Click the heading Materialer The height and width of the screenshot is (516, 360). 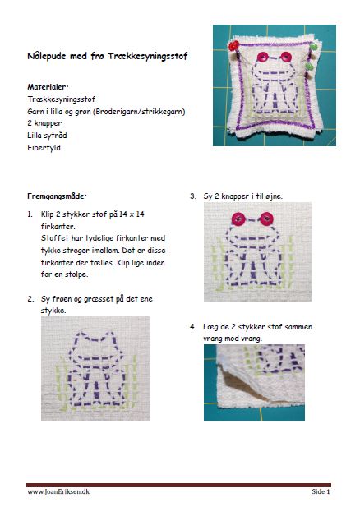[x=48, y=87]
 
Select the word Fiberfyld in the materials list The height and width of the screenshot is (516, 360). [x=44, y=147]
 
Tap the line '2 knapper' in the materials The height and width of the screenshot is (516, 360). [x=44, y=123]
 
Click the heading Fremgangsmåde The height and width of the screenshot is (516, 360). [x=57, y=196]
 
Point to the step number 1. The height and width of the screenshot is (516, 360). [x=30, y=214]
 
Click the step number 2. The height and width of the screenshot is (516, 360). [x=30, y=299]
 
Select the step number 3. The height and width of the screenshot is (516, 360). [x=193, y=196]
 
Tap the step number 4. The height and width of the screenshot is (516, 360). [x=193, y=327]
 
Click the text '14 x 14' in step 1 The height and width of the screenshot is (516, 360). [x=132, y=214]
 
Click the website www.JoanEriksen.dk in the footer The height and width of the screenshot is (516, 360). [x=58, y=491]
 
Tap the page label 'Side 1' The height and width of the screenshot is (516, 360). [x=321, y=491]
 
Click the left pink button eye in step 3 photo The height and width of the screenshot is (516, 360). [x=239, y=219]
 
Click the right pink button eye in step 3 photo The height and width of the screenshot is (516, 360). [x=266, y=219]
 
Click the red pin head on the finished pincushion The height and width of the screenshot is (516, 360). [x=233, y=45]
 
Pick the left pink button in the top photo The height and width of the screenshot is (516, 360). [x=263, y=58]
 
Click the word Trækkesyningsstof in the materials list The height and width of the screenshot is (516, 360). [x=62, y=99]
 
